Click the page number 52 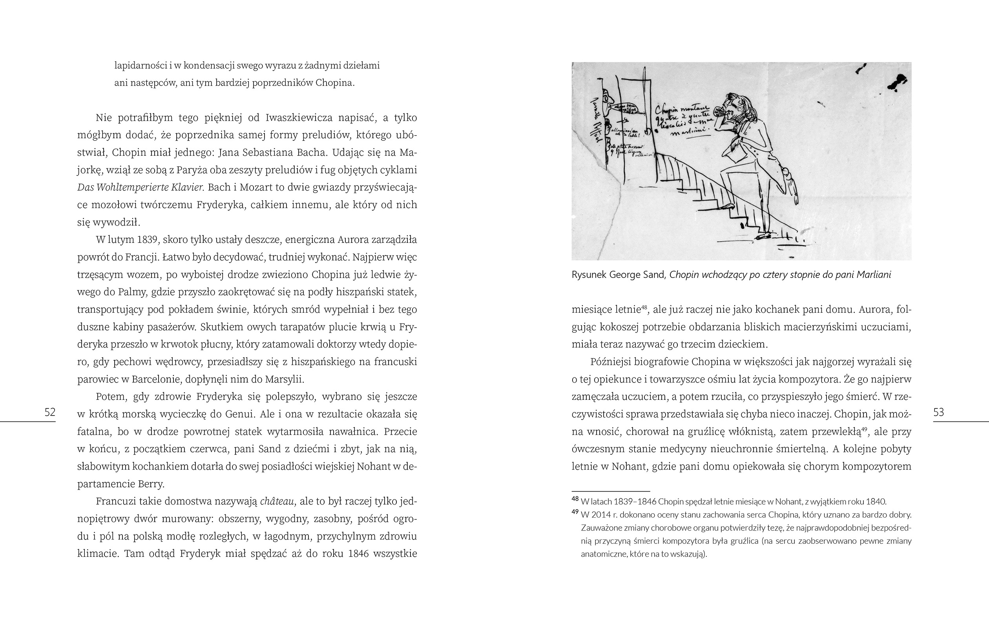(x=50, y=412)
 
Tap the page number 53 (x=939, y=412)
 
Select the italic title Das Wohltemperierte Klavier (x=140, y=188)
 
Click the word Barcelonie (x=156, y=379)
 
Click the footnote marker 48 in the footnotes (x=575, y=499)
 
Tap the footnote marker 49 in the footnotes (x=575, y=512)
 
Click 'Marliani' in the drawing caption (x=873, y=275)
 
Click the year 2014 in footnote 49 (x=601, y=514)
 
